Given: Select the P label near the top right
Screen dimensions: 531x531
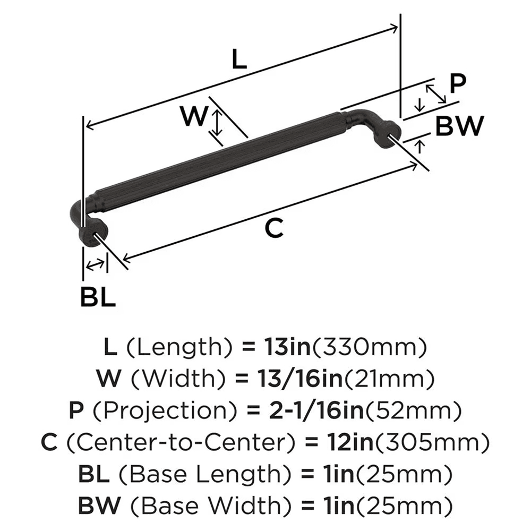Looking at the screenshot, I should click(x=457, y=83).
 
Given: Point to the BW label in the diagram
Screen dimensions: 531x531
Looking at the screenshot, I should click(x=460, y=126).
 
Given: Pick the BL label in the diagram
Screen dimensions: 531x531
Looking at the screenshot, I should click(x=98, y=297).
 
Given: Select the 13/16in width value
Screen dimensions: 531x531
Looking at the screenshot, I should click(x=298, y=379).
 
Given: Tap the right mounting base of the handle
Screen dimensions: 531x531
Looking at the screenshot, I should click(x=387, y=133).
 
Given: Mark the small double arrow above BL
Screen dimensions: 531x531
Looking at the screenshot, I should click(x=95, y=264).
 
